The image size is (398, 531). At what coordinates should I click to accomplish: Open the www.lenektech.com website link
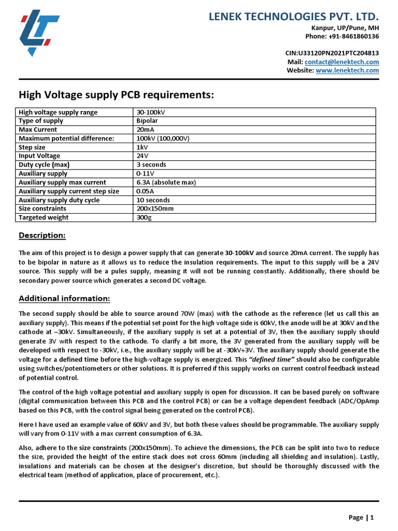(x=347, y=71)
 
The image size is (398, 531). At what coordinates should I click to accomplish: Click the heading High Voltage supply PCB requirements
(x=116, y=95)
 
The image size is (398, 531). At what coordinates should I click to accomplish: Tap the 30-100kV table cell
(x=151, y=113)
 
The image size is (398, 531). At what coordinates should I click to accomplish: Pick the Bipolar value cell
(x=147, y=121)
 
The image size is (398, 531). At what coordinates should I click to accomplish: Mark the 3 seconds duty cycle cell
(x=151, y=165)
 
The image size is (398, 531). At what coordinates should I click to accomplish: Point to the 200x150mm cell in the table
(x=154, y=208)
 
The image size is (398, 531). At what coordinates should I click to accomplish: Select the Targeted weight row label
(x=44, y=217)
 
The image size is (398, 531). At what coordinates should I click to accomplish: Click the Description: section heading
(x=42, y=236)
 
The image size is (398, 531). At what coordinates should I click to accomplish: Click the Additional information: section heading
(x=64, y=299)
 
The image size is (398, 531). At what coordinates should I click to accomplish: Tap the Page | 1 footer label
(x=361, y=517)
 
